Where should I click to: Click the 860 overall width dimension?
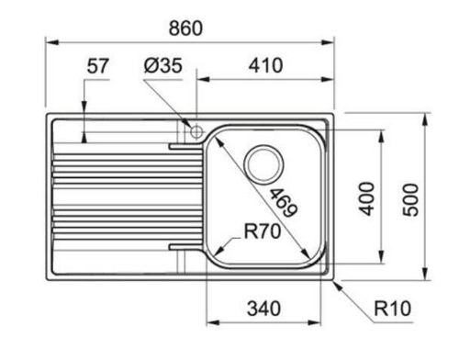(185, 28)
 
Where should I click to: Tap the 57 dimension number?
(97, 66)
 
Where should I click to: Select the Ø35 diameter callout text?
(162, 65)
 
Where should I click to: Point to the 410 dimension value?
(265, 65)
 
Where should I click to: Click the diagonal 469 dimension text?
(284, 203)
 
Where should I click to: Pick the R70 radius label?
(263, 231)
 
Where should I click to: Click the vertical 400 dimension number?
(366, 198)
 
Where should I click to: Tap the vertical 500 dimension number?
(410, 200)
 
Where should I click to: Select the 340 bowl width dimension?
(263, 309)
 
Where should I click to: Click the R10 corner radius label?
(393, 309)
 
